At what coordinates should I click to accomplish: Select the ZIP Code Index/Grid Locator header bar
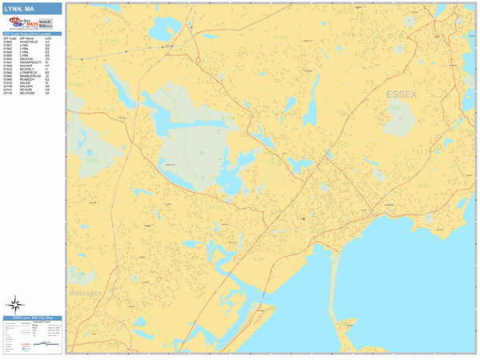coord(32,34)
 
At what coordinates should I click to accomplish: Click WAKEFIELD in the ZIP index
coord(29,42)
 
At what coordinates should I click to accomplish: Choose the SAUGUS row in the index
coord(29,58)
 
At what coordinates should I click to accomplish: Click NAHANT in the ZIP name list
coord(28,66)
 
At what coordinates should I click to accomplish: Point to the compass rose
coord(15,304)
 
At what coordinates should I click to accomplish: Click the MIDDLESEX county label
coord(88,293)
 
